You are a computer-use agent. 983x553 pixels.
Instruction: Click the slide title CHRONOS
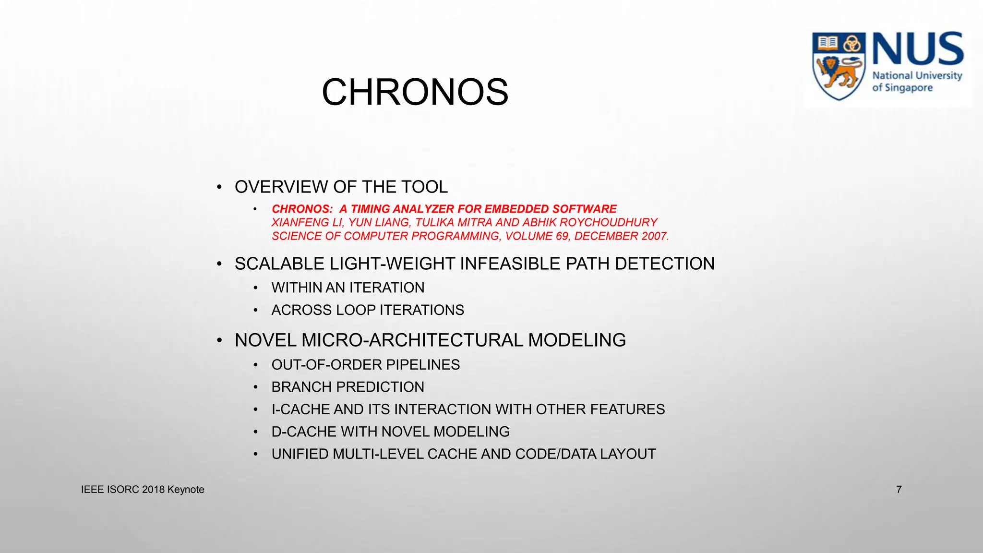point(415,92)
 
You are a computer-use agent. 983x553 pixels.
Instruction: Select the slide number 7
point(899,490)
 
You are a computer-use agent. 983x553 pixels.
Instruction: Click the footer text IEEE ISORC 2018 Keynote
point(143,490)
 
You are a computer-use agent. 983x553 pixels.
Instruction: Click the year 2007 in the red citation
point(654,236)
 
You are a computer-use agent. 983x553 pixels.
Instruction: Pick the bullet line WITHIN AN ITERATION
point(348,288)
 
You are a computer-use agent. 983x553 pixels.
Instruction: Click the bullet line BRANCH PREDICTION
point(348,387)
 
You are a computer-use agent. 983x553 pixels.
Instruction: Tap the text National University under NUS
point(917,76)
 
